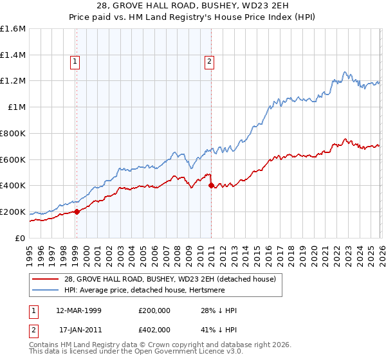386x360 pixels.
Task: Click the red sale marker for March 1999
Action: coord(77,212)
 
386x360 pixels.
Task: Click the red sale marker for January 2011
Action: coord(211,185)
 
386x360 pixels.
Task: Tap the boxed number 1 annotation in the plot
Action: coord(76,62)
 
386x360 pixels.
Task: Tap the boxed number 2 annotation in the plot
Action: coord(210,62)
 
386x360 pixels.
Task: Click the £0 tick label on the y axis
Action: coord(21,238)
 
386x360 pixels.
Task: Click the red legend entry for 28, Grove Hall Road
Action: coord(170,279)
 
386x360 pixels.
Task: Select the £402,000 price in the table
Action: coord(155,330)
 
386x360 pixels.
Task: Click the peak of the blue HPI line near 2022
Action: coord(345,71)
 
